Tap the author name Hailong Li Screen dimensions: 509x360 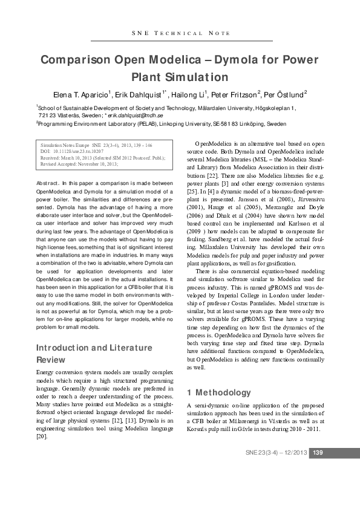point(188,94)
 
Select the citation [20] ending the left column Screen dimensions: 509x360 point(42,436)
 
